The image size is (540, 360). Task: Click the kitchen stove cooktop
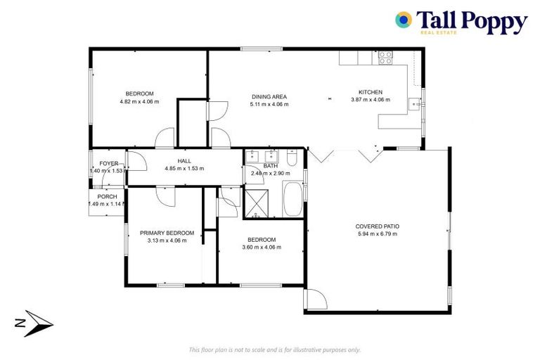(x=385, y=58)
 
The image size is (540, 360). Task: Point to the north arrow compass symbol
(x=33, y=322)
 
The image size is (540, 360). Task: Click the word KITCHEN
(x=370, y=92)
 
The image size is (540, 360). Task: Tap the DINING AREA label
(x=269, y=97)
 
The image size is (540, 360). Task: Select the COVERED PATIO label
(x=378, y=226)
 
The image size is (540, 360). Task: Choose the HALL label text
(x=184, y=161)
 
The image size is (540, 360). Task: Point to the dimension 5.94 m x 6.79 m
(x=378, y=234)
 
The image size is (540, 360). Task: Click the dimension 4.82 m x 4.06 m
(x=139, y=101)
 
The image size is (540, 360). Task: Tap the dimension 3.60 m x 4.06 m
(x=259, y=247)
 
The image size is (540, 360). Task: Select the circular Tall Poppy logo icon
(x=404, y=20)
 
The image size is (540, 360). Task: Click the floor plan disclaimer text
(x=275, y=349)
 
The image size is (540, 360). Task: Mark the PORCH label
(x=108, y=196)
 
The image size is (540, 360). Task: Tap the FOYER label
(x=109, y=163)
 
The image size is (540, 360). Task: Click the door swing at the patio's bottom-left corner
(x=316, y=300)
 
